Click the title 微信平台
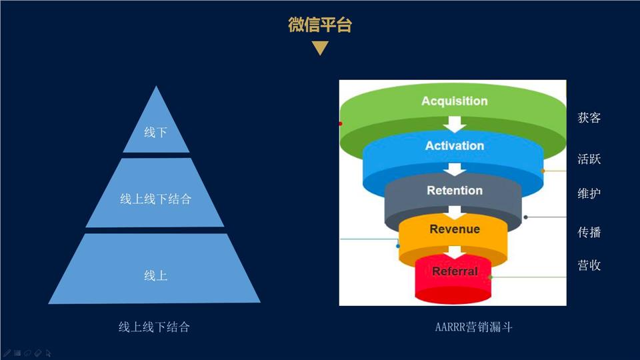coord(320,25)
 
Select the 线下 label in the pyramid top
coord(155,132)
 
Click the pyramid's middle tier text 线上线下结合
coord(155,199)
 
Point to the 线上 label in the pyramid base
coord(155,275)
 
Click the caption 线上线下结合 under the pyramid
coord(154,327)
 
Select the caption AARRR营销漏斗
coord(473,327)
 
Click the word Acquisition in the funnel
coord(454,101)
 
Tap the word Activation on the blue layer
coord(454,146)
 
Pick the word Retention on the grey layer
coord(455,190)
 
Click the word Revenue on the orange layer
coord(455,229)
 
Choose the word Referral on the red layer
coord(455,271)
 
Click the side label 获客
coord(589,118)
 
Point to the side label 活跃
coord(589,159)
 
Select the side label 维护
coord(589,193)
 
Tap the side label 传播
coord(589,232)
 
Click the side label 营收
coord(589,265)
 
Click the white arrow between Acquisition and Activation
coord(455,124)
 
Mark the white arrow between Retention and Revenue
coord(455,212)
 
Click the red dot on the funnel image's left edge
coord(341,123)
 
